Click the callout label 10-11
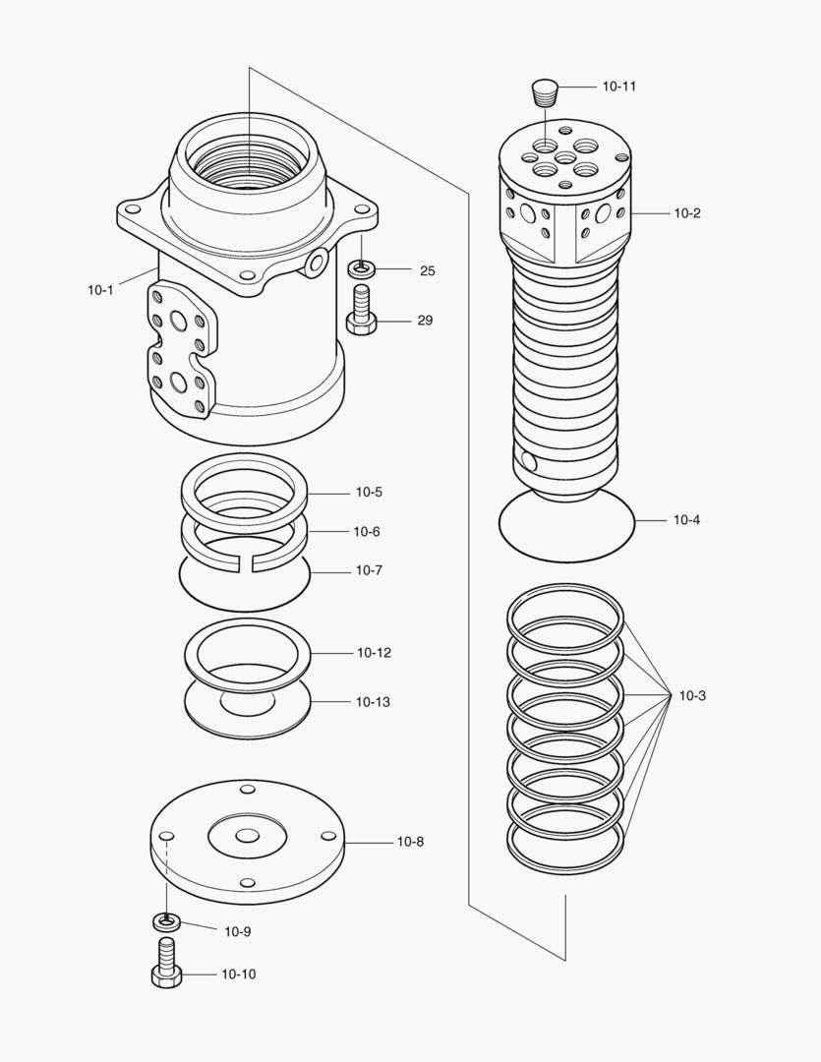(618, 87)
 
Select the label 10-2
(687, 213)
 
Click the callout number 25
(427, 271)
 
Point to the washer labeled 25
(362, 267)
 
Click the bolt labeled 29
(361, 312)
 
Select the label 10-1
(100, 289)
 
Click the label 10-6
(367, 532)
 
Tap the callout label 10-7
(369, 570)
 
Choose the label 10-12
(374, 653)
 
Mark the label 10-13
(374, 702)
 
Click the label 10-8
(410, 842)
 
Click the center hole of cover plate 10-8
(248, 836)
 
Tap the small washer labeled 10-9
(167, 921)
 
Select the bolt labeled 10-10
(166, 964)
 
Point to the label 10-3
(692, 696)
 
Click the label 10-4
(686, 520)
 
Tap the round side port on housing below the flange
(317, 261)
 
